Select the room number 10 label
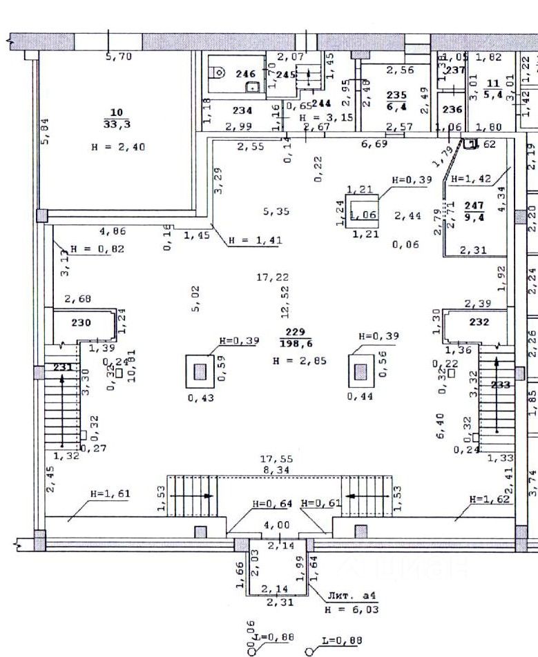[116, 112]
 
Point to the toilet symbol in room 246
[219, 70]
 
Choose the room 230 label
[81, 322]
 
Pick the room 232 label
[479, 322]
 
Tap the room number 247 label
[473, 205]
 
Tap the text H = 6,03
[351, 609]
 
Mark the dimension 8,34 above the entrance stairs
[276, 469]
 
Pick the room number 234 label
[242, 110]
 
